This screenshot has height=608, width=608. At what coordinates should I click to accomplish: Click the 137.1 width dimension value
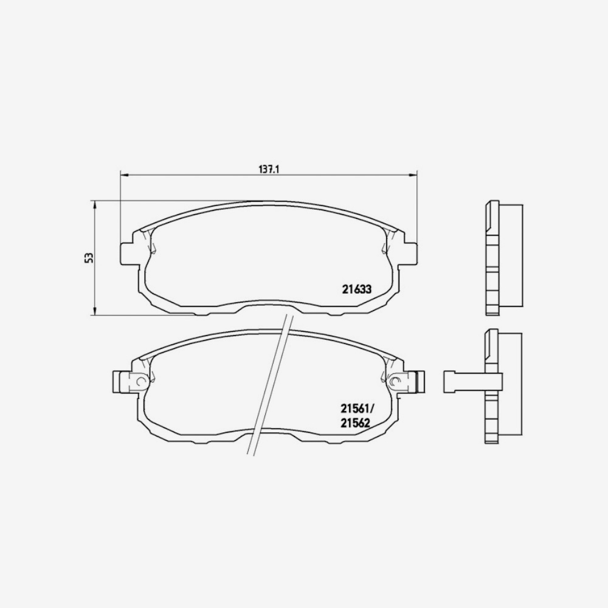tap(268, 170)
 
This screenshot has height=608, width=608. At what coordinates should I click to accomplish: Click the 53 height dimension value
tap(89, 257)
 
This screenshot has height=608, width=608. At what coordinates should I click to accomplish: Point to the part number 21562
tap(356, 423)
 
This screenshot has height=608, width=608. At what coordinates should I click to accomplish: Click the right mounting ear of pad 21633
tap(409, 254)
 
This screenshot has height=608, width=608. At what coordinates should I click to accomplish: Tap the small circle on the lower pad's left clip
tap(141, 382)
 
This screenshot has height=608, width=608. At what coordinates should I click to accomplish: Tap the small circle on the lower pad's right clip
tap(396, 382)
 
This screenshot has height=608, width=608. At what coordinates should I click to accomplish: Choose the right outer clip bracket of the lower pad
tap(419, 381)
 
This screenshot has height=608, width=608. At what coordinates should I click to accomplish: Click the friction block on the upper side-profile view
tap(511, 255)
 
